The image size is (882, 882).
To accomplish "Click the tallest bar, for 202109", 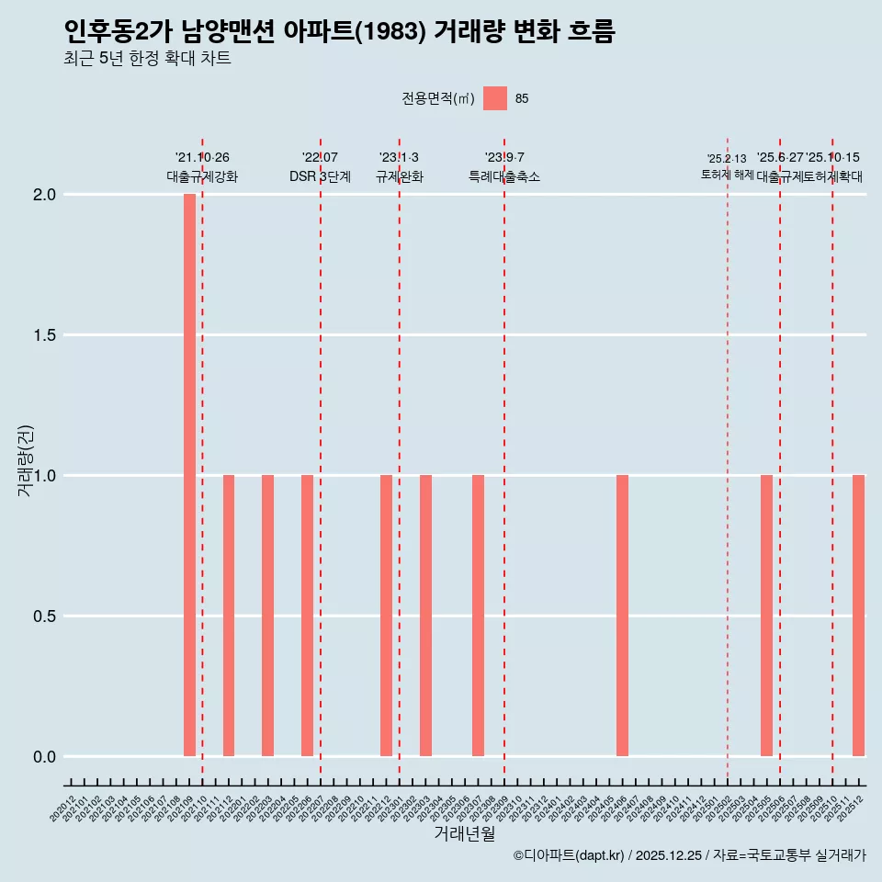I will pos(189,475).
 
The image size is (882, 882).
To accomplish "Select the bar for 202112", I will pos(229,616).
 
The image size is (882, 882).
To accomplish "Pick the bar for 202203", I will pos(267,616).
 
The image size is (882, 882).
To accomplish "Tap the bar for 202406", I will pos(622,616).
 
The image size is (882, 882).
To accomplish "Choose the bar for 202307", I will pos(478,616).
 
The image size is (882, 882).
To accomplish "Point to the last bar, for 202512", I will pos(858,616).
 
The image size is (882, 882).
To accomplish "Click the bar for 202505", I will pos(766,616).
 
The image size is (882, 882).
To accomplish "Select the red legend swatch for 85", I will pos(495,98).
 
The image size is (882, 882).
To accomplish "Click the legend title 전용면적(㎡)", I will pos(437,99).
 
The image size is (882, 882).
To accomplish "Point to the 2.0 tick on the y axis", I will pos(46,195).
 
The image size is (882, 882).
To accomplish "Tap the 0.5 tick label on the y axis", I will pos(46,616).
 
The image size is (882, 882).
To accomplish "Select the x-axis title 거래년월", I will pos(464,834).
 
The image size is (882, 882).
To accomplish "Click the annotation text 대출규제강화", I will pos(202,176).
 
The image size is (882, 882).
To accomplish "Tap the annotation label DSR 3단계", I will pos(320,176).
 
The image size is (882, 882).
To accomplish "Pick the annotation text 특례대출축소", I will pos(504,176).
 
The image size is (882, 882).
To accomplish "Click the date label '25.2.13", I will pos(727,159).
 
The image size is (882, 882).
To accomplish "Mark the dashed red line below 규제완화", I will pos(399,459).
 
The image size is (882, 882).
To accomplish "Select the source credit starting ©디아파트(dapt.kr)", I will pos(690,855).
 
